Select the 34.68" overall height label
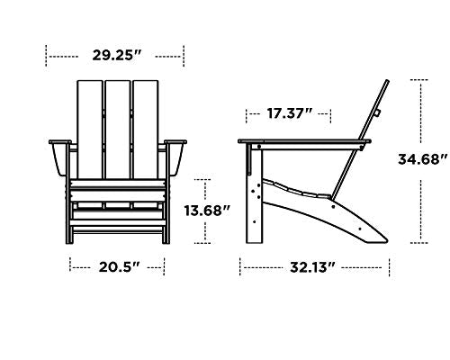coord(424,160)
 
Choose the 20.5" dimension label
coord(117,266)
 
